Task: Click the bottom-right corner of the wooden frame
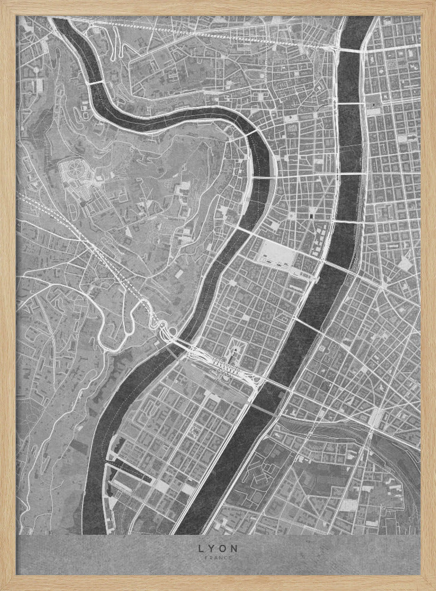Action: pyautogui.click(x=431, y=586)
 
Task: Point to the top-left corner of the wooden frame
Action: pyautogui.click(x=5, y=5)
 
